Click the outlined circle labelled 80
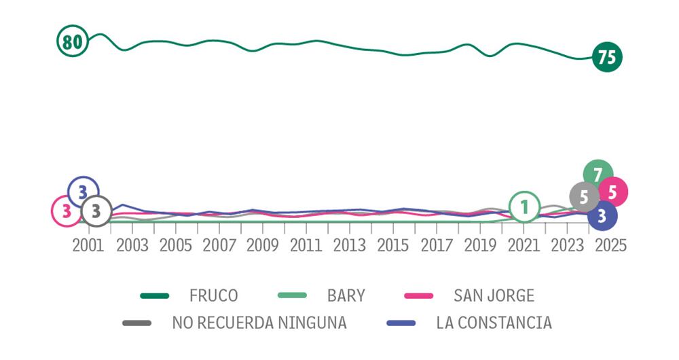pos(73,42)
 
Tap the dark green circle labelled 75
pos(606,57)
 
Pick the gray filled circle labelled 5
pos(584,198)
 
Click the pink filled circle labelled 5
pos(612,192)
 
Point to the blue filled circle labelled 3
pos(602,217)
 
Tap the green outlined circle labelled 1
pos(524,206)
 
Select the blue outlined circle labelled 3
pos(84,192)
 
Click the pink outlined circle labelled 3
pos(67,211)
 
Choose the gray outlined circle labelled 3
pos(96,211)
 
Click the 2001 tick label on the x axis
pos(88,245)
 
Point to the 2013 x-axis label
pos(349,245)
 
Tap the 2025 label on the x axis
pos(610,245)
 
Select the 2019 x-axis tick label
pos(480,245)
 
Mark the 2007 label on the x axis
pos(219,245)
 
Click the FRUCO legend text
pos(214,295)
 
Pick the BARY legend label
pos(346,295)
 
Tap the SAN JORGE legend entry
pos(494,295)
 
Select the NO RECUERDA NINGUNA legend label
pos(259,323)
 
